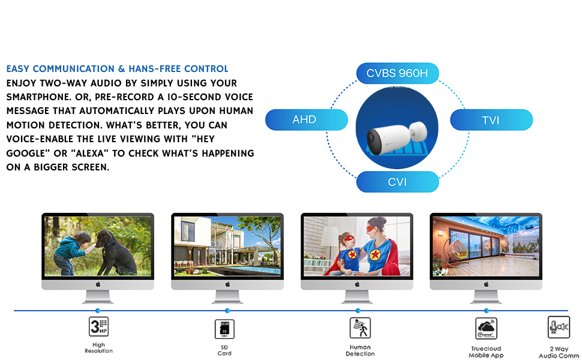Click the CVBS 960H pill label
coord(397,74)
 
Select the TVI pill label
coord(491,120)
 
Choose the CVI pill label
coord(397,182)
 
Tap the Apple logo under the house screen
coord(227,284)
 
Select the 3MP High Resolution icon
coord(98,327)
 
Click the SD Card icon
coord(224,329)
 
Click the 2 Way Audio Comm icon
coord(558,328)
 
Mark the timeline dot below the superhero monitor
coord(358,311)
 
